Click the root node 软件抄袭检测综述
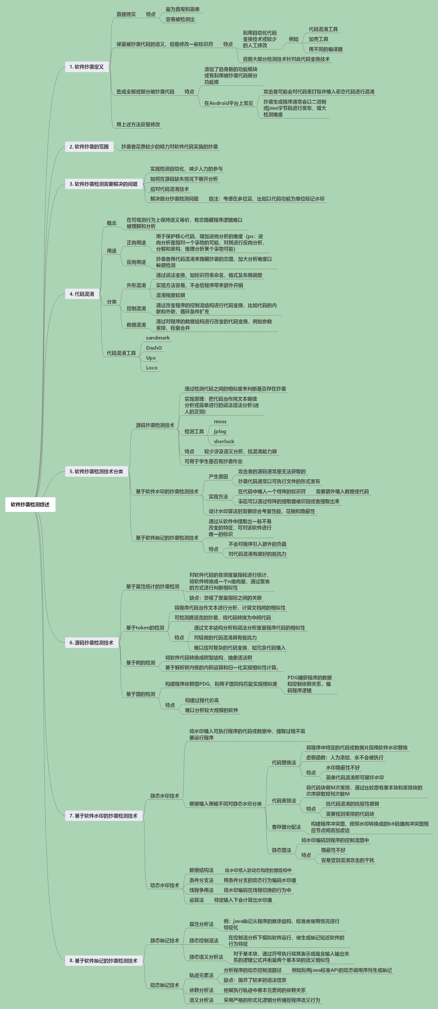tap(30, 504)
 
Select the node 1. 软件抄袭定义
tap(87, 67)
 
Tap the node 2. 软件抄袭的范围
tap(89, 147)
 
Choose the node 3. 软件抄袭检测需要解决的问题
tap(104, 184)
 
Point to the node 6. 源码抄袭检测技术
tap(91, 643)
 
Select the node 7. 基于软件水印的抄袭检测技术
tap(104, 816)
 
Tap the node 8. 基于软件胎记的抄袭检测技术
tap(104, 961)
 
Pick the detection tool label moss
tap(220, 422)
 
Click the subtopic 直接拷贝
tap(126, 14)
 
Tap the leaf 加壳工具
tap(318, 39)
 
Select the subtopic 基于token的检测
tap(145, 628)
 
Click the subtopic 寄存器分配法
tap(286, 827)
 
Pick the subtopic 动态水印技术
tap(165, 885)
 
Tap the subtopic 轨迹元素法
tap(202, 975)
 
